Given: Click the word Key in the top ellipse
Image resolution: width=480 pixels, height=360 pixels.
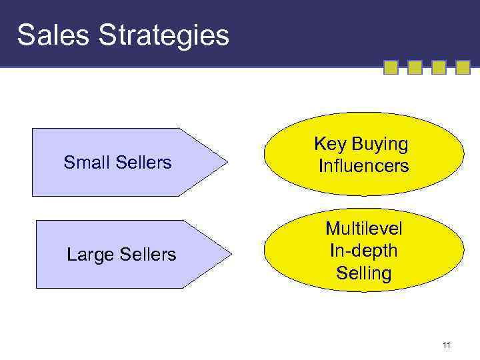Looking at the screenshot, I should (x=328, y=145).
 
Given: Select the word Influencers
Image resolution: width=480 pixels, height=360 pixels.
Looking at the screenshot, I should (x=363, y=165).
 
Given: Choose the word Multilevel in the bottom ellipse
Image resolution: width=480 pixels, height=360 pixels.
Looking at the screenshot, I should (x=363, y=229).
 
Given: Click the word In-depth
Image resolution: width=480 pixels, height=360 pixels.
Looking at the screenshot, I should (x=363, y=251).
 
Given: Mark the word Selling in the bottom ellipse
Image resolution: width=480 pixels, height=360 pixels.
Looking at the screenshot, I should (x=363, y=273).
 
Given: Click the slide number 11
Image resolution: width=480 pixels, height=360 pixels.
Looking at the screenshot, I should (x=447, y=345).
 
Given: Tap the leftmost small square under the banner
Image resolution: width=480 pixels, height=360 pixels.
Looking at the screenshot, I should (x=391, y=67).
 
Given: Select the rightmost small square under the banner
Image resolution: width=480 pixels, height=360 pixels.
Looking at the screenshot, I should (x=463, y=67).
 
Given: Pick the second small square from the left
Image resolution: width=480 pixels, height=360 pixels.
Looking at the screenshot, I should (x=415, y=67).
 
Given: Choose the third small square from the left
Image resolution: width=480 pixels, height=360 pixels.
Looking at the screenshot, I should (x=439, y=67).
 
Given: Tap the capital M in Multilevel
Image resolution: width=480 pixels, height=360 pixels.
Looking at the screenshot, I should (x=331, y=229).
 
